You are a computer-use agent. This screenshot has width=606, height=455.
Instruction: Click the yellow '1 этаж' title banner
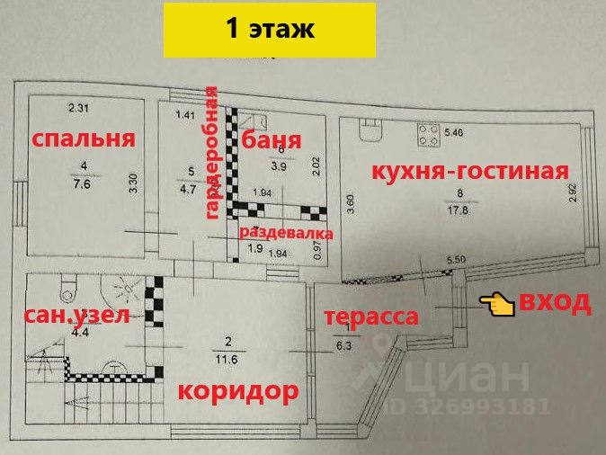coord(270,29)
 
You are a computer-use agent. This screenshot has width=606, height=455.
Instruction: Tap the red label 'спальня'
coord(83,138)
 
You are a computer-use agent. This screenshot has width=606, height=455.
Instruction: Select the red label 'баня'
coord(270,140)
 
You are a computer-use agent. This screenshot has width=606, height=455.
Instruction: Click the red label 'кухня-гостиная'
coord(459,171)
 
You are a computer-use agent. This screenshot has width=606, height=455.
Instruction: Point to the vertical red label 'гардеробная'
coord(212,152)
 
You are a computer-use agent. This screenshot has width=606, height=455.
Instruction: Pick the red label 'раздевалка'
coord(286,233)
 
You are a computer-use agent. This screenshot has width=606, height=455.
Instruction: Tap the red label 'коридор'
coord(236,392)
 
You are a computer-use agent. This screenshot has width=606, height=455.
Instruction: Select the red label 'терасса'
coord(371,317)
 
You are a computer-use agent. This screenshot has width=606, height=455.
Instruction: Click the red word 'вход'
coord(557,301)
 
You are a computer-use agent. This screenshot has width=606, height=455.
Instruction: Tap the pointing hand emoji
coord(496,304)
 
